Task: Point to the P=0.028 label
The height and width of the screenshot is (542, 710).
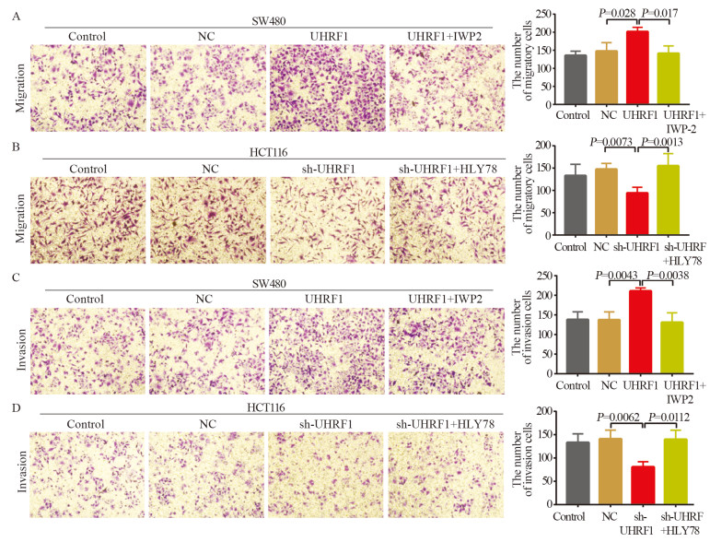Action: click(615, 12)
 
